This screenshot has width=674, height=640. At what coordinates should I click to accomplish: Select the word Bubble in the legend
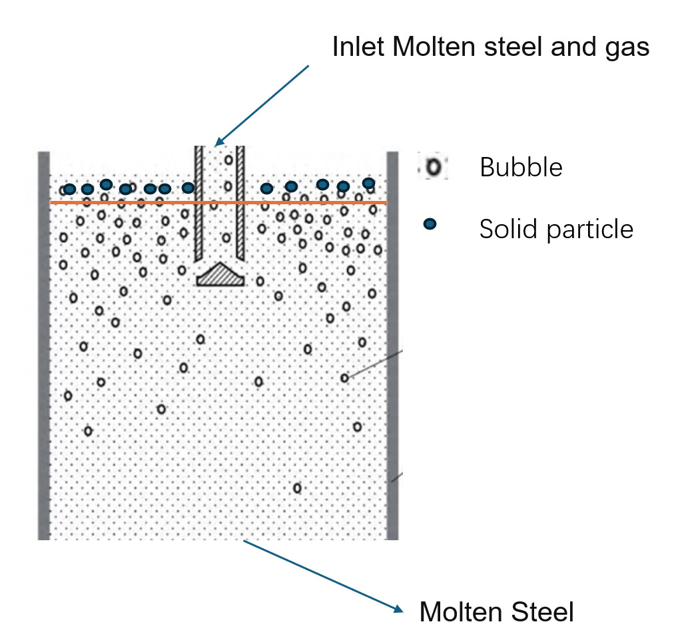coord(521,167)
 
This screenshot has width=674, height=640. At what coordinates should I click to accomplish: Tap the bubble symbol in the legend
coord(433,167)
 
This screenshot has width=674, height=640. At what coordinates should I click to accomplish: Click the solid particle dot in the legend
coord(430,225)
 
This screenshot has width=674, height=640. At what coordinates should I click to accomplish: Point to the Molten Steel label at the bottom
coord(496,611)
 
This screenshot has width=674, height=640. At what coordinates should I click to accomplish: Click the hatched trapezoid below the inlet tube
coord(220,275)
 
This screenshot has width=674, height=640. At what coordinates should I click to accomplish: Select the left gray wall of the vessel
coord(44,346)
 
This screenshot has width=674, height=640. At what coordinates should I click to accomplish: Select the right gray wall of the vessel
coord(392,346)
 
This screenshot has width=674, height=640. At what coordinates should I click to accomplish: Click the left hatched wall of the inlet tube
coord(198,203)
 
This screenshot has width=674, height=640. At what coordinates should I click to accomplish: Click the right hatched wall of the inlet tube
coord(240,203)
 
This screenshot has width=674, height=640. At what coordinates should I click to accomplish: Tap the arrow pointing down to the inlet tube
coord(263,104)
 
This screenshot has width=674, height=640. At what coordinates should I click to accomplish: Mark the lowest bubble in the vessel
coord(297,488)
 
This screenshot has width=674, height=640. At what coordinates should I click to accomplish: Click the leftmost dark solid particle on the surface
coord(69,189)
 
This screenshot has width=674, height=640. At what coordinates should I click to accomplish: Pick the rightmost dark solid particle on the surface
coord(368,183)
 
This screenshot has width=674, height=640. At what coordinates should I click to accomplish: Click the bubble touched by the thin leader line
coord(344,378)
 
